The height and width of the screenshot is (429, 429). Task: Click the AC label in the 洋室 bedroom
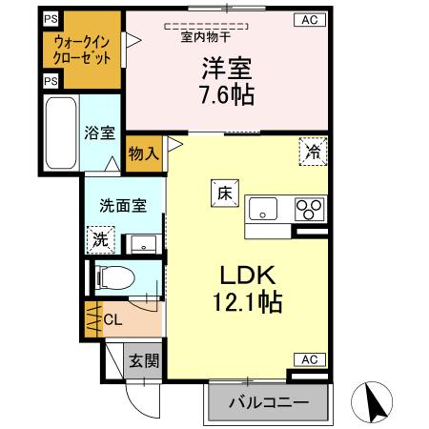[x=310, y=19]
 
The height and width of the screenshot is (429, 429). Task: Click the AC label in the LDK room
[x=310, y=358]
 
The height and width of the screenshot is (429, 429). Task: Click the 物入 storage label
[x=143, y=153]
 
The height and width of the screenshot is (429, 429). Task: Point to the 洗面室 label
[x=121, y=204]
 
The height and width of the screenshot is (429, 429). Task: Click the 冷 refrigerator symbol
[x=313, y=151]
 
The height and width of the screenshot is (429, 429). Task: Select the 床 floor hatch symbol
[x=221, y=190]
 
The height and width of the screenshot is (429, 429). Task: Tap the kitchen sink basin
[x=262, y=208]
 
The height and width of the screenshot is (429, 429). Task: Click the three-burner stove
[x=310, y=208]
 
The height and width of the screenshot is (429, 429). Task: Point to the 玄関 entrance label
[x=145, y=361]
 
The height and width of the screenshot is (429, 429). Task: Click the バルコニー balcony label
[x=268, y=404]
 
